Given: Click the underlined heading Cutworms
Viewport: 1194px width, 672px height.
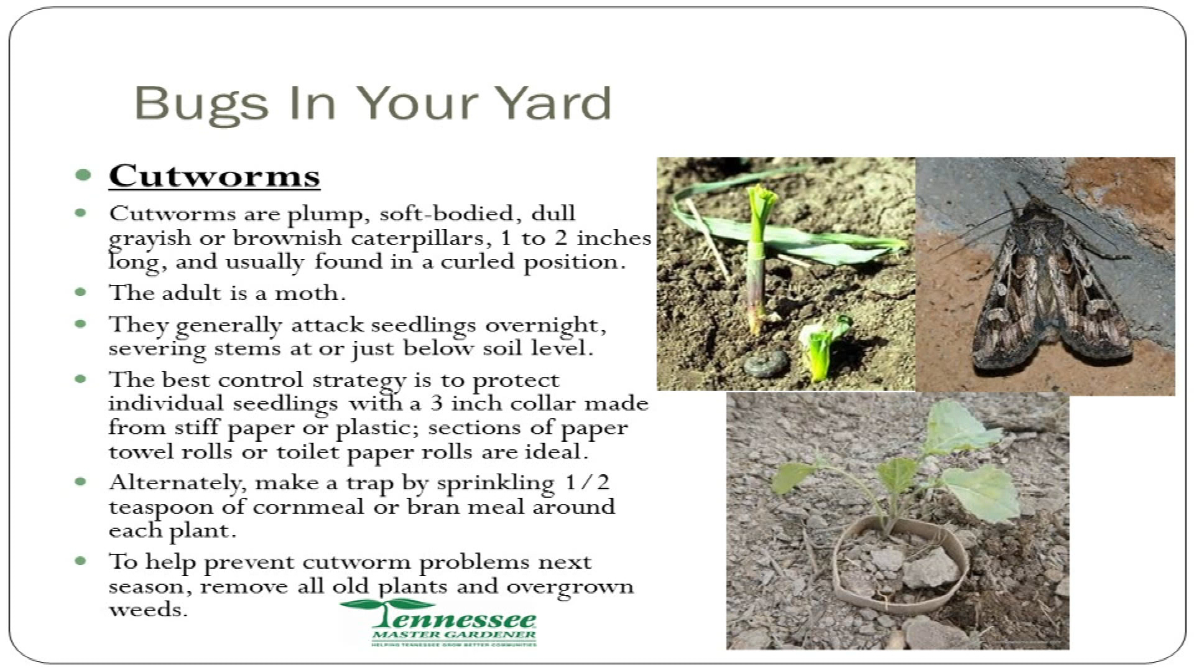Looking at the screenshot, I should click(x=215, y=175).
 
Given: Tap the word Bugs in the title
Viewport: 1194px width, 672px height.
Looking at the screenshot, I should click(x=201, y=104).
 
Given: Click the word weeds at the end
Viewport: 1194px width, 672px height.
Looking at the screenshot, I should click(x=148, y=609).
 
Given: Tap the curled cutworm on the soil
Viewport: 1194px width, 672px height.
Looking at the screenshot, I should click(x=767, y=362).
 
